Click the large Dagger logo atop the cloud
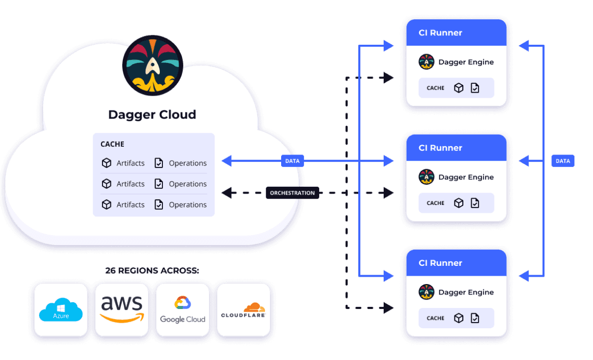point(152,66)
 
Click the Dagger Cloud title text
point(152,114)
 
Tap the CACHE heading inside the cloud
point(112,144)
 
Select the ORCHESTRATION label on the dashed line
point(292,193)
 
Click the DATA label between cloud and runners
point(292,161)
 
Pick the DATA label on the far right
point(563,161)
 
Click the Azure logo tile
point(61,310)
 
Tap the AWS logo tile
point(122,310)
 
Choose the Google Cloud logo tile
point(183,310)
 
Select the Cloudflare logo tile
point(243,310)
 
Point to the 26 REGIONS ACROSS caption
point(152,271)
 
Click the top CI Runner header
point(456,33)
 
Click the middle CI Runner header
point(456,148)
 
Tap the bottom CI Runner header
point(456,263)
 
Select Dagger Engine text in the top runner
point(466,62)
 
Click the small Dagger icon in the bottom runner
point(426,292)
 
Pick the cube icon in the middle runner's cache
point(459,203)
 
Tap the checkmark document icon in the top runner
point(475,88)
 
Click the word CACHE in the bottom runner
point(436,318)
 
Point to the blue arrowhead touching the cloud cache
point(226,161)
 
